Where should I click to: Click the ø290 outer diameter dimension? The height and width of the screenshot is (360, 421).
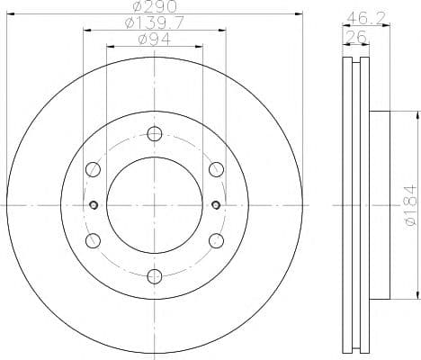(154, 8)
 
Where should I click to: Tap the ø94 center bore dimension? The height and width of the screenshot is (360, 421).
(154, 39)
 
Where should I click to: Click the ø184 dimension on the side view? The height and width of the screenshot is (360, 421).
(408, 205)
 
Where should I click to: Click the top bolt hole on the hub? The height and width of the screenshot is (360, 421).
(154, 135)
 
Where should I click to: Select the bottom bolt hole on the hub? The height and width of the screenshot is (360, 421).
(154, 275)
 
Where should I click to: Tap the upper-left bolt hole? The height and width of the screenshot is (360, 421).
(93, 170)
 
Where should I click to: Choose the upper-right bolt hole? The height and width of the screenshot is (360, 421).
(215, 170)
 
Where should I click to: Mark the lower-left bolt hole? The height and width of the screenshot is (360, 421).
(93, 240)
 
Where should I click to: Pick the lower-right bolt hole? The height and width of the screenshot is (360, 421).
(215, 240)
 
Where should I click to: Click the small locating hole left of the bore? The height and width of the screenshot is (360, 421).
(93, 205)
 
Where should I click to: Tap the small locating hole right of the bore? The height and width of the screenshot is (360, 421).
(215, 205)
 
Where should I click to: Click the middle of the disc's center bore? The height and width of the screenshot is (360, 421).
(154, 205)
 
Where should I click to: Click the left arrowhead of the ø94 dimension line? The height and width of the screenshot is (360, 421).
(110, 45)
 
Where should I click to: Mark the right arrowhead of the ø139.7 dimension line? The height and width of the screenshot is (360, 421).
(221, 29)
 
